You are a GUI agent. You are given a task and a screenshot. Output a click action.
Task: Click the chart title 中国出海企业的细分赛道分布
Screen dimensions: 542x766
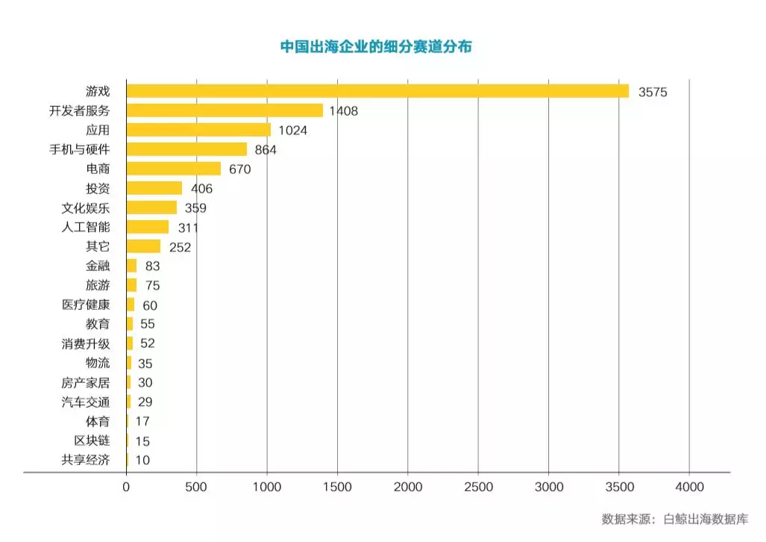[x=376, y=46]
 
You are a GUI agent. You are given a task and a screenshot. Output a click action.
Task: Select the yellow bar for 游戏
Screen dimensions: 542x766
[x=377, y=91]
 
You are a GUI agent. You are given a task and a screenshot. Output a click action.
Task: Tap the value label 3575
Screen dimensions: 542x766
[x=652, y=93]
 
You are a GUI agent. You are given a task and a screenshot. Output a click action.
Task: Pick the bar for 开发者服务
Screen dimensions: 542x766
[x=225, y=110]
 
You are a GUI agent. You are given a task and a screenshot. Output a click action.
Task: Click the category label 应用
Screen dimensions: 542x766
[x=98, y=130]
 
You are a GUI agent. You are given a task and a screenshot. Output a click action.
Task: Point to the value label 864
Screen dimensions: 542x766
[x=266, y=150]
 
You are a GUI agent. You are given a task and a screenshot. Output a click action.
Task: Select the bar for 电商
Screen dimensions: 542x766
[x=174, y=169]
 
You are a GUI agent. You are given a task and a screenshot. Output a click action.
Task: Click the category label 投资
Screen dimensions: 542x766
[x=98, y=189]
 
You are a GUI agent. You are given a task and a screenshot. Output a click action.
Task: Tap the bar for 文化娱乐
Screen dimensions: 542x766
[x=151, y=208]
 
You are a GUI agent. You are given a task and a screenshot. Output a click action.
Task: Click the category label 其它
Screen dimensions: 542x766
[x=98, y=247]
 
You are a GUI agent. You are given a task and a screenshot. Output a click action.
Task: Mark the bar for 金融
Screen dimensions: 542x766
[x=131, y=266]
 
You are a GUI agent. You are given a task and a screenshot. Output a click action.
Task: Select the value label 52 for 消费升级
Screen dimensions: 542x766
[x=148, y=344]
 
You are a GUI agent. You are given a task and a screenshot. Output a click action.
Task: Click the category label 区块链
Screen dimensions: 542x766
[x=92, y=441]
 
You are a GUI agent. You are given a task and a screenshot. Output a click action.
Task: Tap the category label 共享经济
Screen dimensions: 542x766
[x=86, y=461]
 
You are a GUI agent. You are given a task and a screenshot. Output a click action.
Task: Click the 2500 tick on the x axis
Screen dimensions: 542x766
[x=478, y=488]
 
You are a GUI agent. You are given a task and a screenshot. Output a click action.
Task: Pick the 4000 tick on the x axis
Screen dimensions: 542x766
[x=689, y=488]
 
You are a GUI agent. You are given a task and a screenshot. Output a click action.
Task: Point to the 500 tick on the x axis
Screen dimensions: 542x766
[x=196, y=488]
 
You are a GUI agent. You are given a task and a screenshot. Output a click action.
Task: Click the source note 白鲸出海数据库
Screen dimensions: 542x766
[x=706, y=520]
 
